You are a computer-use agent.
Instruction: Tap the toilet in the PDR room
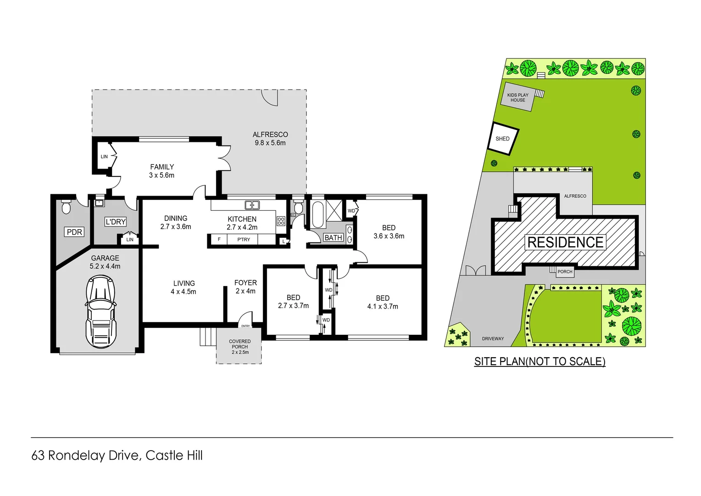[x=66, y=208]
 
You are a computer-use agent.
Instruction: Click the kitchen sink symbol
[x=252, y=205]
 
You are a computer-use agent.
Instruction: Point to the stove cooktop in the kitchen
[x=281, y=221]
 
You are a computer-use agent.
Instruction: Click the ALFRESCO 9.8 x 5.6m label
[x=270, y=139]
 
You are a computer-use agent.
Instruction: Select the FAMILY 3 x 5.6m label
[x=162, y=171]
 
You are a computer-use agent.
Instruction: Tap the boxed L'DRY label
[x=116, y=222]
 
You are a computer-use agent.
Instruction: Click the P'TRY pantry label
[x=244, y=239]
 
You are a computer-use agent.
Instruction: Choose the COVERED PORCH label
[x=240, y=347]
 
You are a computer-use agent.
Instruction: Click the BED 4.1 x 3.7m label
[x=383, y=302]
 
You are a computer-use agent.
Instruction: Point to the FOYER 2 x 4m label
[x=245, y=287]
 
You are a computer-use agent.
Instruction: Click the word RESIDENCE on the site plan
[x=565, y=242]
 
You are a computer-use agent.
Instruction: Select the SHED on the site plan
[x=503, y=138]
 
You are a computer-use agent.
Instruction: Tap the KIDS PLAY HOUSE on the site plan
[x=518, y=97]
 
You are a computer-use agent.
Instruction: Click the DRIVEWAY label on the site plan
[x=493, y=338]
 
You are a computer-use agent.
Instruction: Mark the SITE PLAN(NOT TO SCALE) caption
[x=540, y=361]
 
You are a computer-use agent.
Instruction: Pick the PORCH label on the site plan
[x=565, y=271]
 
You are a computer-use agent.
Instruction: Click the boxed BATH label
[x=333, y=237]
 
